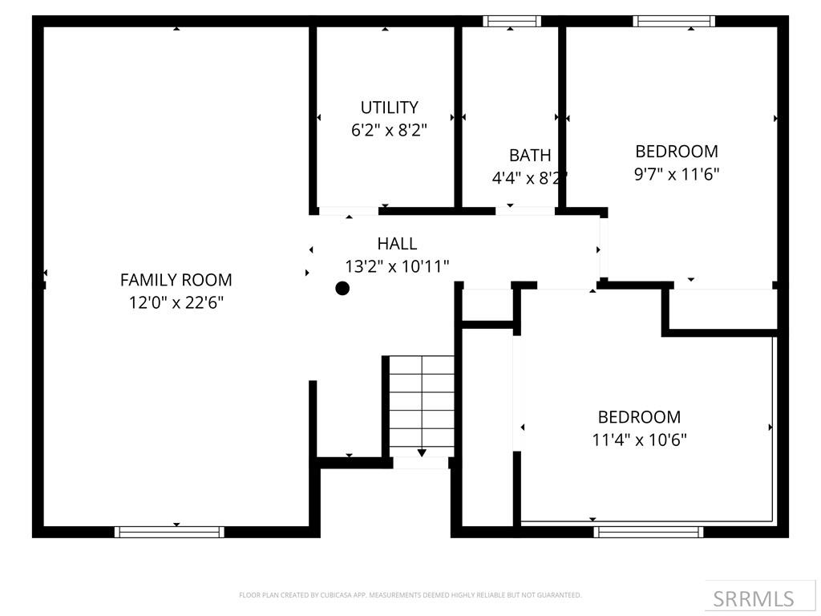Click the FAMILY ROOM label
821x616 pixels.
pyautogui.click(x=176, y=280)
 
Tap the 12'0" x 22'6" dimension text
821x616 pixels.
pyautogui.click(x=176, y=302)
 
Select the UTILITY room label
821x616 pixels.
pyautogui.click(x=389, y=107)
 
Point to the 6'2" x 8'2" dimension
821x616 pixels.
pyautogui.click(x=389, y=130)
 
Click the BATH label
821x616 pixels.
pyautogui.click(x=530, y=156)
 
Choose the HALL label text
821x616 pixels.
pyautogui.click(x=397, y=244)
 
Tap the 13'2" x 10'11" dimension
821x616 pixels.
pyautogui.click(x=397, y=266)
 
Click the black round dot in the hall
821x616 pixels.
pyautogui.click(x=342, y=289)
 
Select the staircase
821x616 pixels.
pyautogui.click(x=422, y=405)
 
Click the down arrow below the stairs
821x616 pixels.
pyautogui.click(x=422, y=453)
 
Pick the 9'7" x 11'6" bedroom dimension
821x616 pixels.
pyautogui.click(x=677, y=173)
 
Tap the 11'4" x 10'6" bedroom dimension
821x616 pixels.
pyautogui.click(x=639, y=440)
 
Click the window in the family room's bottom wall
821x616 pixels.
pyautogui.click(x=169, y=531)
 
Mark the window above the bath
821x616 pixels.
pyautogui.click(x=512, y=21)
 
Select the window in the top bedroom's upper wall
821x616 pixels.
pyautogui.click(x=673, y=21)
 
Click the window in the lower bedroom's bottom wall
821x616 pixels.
pyautogui.click(x=649, y=531)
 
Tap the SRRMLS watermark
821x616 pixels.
pyautogui.click(x=754, y=598)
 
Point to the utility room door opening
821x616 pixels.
pyautogui.click(x=348, y=211)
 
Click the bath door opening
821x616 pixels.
pyautogui.click(x=525, y=211)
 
